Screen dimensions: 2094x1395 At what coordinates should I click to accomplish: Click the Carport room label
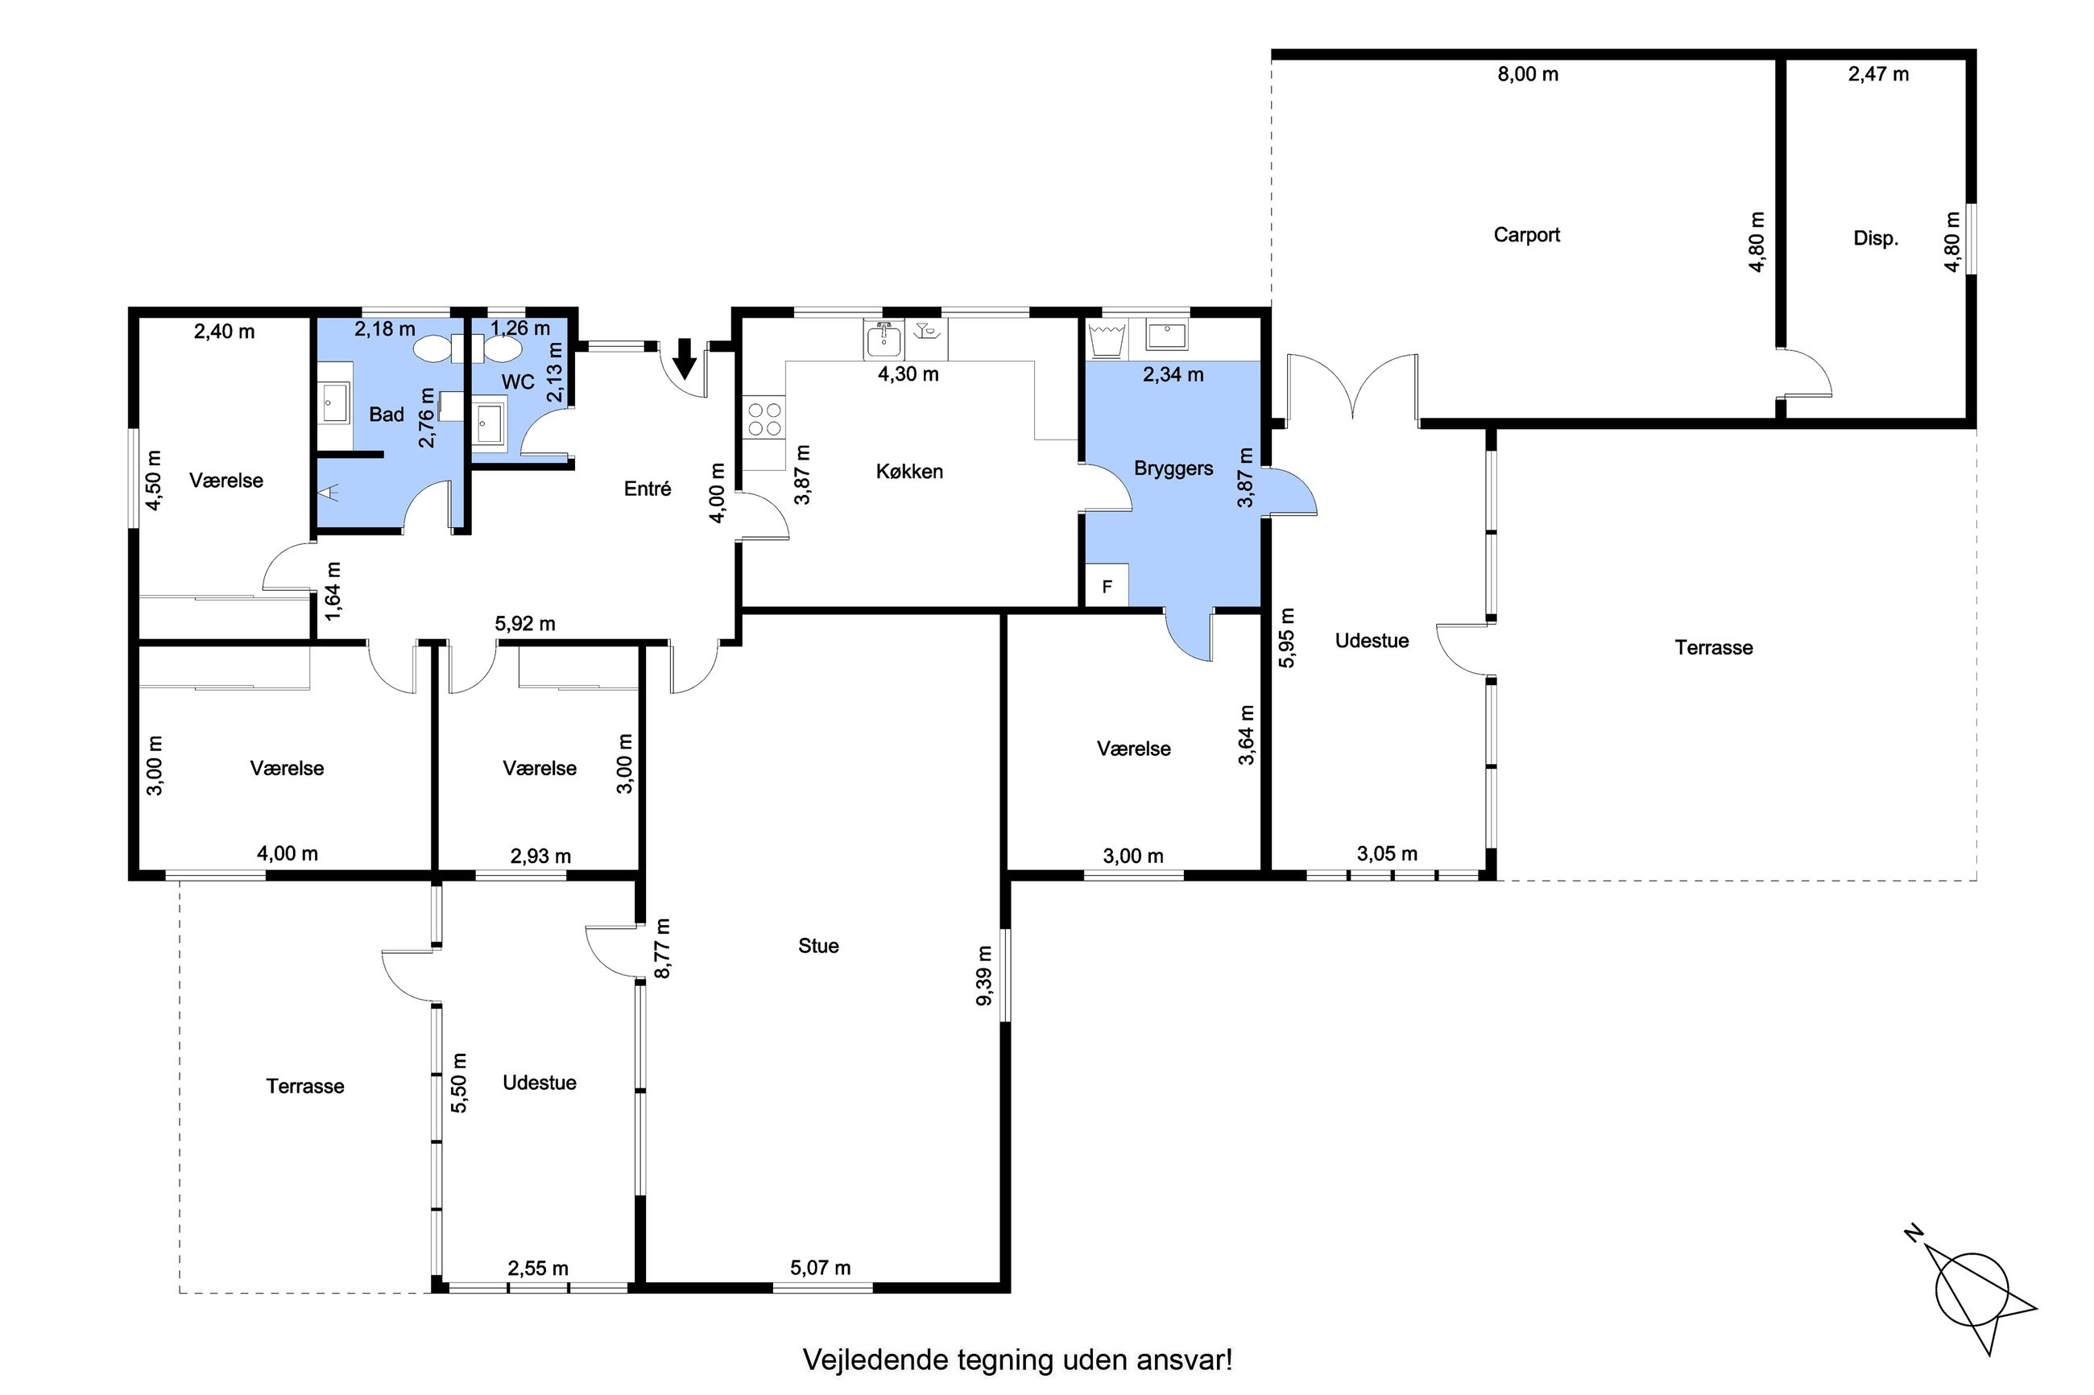(1526, 235)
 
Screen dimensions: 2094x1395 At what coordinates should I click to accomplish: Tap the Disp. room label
(1875, 238)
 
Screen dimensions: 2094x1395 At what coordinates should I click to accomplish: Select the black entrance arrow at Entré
(685, 357)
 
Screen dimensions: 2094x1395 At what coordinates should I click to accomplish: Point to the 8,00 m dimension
(1527, 75)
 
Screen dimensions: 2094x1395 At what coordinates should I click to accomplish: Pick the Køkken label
(908, 472)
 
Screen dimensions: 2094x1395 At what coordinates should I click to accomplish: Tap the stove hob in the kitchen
(764, 419)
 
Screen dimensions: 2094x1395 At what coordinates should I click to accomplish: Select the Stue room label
(817, 946)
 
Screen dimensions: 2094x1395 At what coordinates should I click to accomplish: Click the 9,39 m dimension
(984, 976)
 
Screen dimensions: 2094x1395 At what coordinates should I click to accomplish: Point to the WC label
(518, 382)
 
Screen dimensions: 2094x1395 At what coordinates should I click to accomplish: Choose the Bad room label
(387, 415)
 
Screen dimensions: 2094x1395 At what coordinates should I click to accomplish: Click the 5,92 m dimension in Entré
(525, 625)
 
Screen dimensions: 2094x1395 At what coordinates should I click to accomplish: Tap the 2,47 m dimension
(1877, 75)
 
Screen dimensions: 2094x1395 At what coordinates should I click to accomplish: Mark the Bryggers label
(1173, 468)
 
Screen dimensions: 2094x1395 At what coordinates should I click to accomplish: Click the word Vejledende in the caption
(875, 1360)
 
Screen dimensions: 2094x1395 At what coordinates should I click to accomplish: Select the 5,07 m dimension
(820, 1268)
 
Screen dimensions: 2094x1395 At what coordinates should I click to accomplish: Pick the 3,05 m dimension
(1387, 854)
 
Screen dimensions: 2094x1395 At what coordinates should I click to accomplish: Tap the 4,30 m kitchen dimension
(908, 374)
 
